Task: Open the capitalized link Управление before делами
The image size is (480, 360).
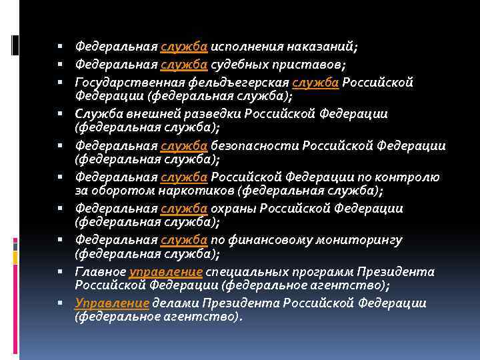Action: [112, 303]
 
